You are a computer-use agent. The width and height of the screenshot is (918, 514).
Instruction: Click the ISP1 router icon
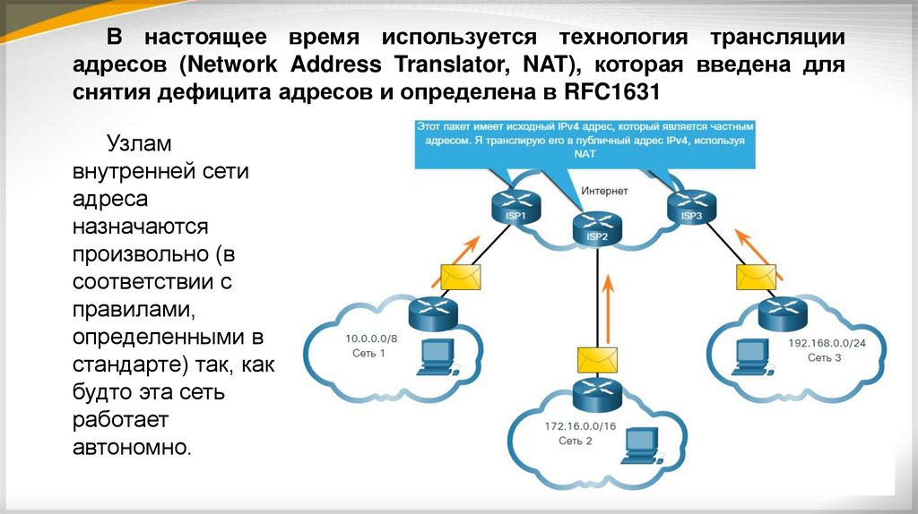point(512,208)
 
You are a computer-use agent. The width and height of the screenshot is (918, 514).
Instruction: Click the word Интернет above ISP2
point(605,191)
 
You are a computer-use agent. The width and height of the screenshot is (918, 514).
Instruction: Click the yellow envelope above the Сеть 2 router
point(595,358)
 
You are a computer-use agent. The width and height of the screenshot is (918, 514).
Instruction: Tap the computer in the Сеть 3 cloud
point(751,356)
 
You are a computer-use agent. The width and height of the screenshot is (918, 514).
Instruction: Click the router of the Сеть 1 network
point(433,312)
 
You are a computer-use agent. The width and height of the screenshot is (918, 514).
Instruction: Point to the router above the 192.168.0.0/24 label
point(781,313)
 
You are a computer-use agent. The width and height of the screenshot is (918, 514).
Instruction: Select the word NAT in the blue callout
point(585,154)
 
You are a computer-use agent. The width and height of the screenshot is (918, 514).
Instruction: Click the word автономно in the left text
point(131,445)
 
